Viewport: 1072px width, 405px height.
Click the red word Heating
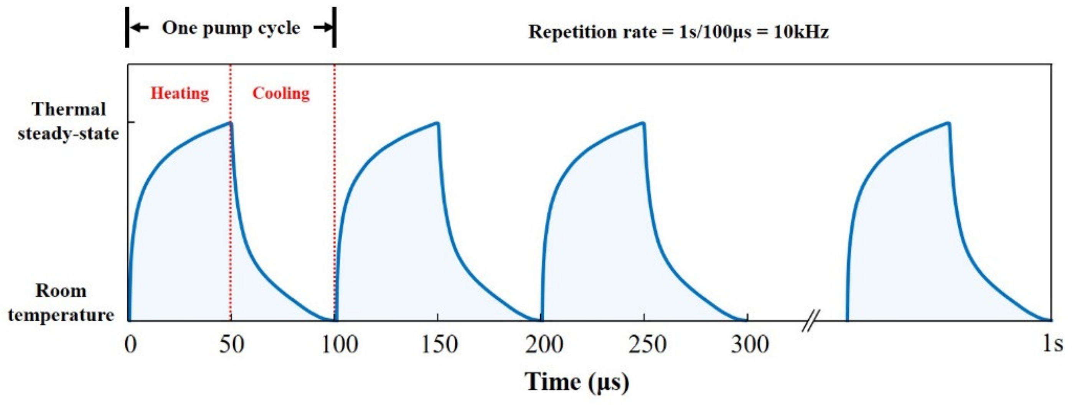pos(179,93)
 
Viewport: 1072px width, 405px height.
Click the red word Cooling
pos(281,93)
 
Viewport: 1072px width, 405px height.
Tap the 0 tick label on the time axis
pos(130,345)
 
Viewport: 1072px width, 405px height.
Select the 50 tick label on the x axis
pos(231,345)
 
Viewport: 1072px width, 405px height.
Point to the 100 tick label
pos(340,345)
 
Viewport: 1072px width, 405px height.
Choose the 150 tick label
pos(439,345)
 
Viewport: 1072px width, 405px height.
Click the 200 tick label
pos(544,345)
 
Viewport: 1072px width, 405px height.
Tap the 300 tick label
pos(750,345)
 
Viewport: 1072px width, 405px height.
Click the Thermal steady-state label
pos(68,122)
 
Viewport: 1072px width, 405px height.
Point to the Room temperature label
pos(61,303)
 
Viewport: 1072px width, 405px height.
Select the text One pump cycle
pos(231,28)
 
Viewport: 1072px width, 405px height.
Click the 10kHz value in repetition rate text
pos(801,32)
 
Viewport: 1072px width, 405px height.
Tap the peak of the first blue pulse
pos(230,123)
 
